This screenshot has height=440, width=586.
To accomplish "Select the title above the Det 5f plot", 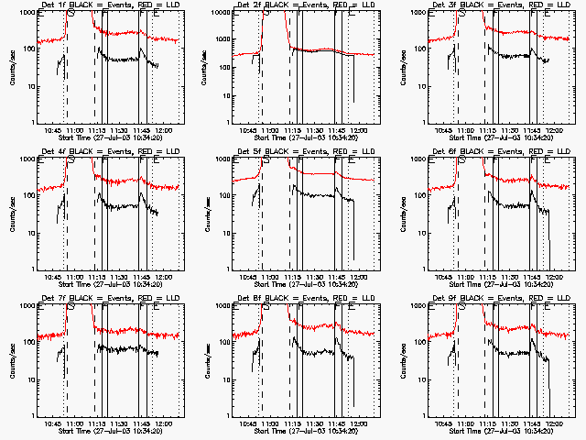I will (306, 151).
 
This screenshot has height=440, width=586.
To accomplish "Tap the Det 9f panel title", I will (504, 298).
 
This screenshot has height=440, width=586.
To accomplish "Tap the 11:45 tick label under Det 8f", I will (338, 423).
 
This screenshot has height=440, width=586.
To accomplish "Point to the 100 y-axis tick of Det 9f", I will (418, 342).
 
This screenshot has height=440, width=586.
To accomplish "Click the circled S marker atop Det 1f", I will (71, 12).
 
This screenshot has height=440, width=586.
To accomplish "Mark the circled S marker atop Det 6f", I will (463, 159).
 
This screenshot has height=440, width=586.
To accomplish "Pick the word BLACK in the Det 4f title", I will (86, 151).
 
